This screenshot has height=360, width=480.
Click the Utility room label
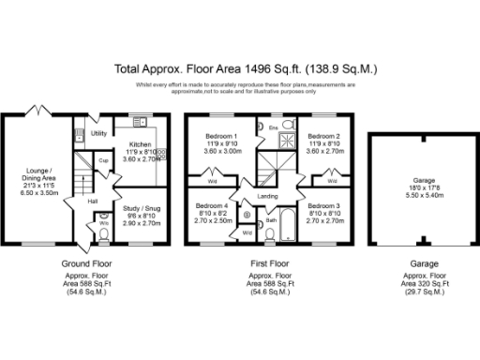[x=97, y=134]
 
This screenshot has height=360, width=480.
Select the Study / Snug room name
[x=138, y=207]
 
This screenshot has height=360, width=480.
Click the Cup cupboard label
[x=104, y=160]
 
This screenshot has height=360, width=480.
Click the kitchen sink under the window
[x=142, y=122]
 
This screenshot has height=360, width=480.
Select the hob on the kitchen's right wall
[x=160, y=154]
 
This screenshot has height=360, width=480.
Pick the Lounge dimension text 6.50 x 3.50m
[x=38, y=191]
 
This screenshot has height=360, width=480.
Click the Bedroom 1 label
[x=221, y=136]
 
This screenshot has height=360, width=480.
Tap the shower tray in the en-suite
[x=282, y=142]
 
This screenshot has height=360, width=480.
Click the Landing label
[x=267, y=195]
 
